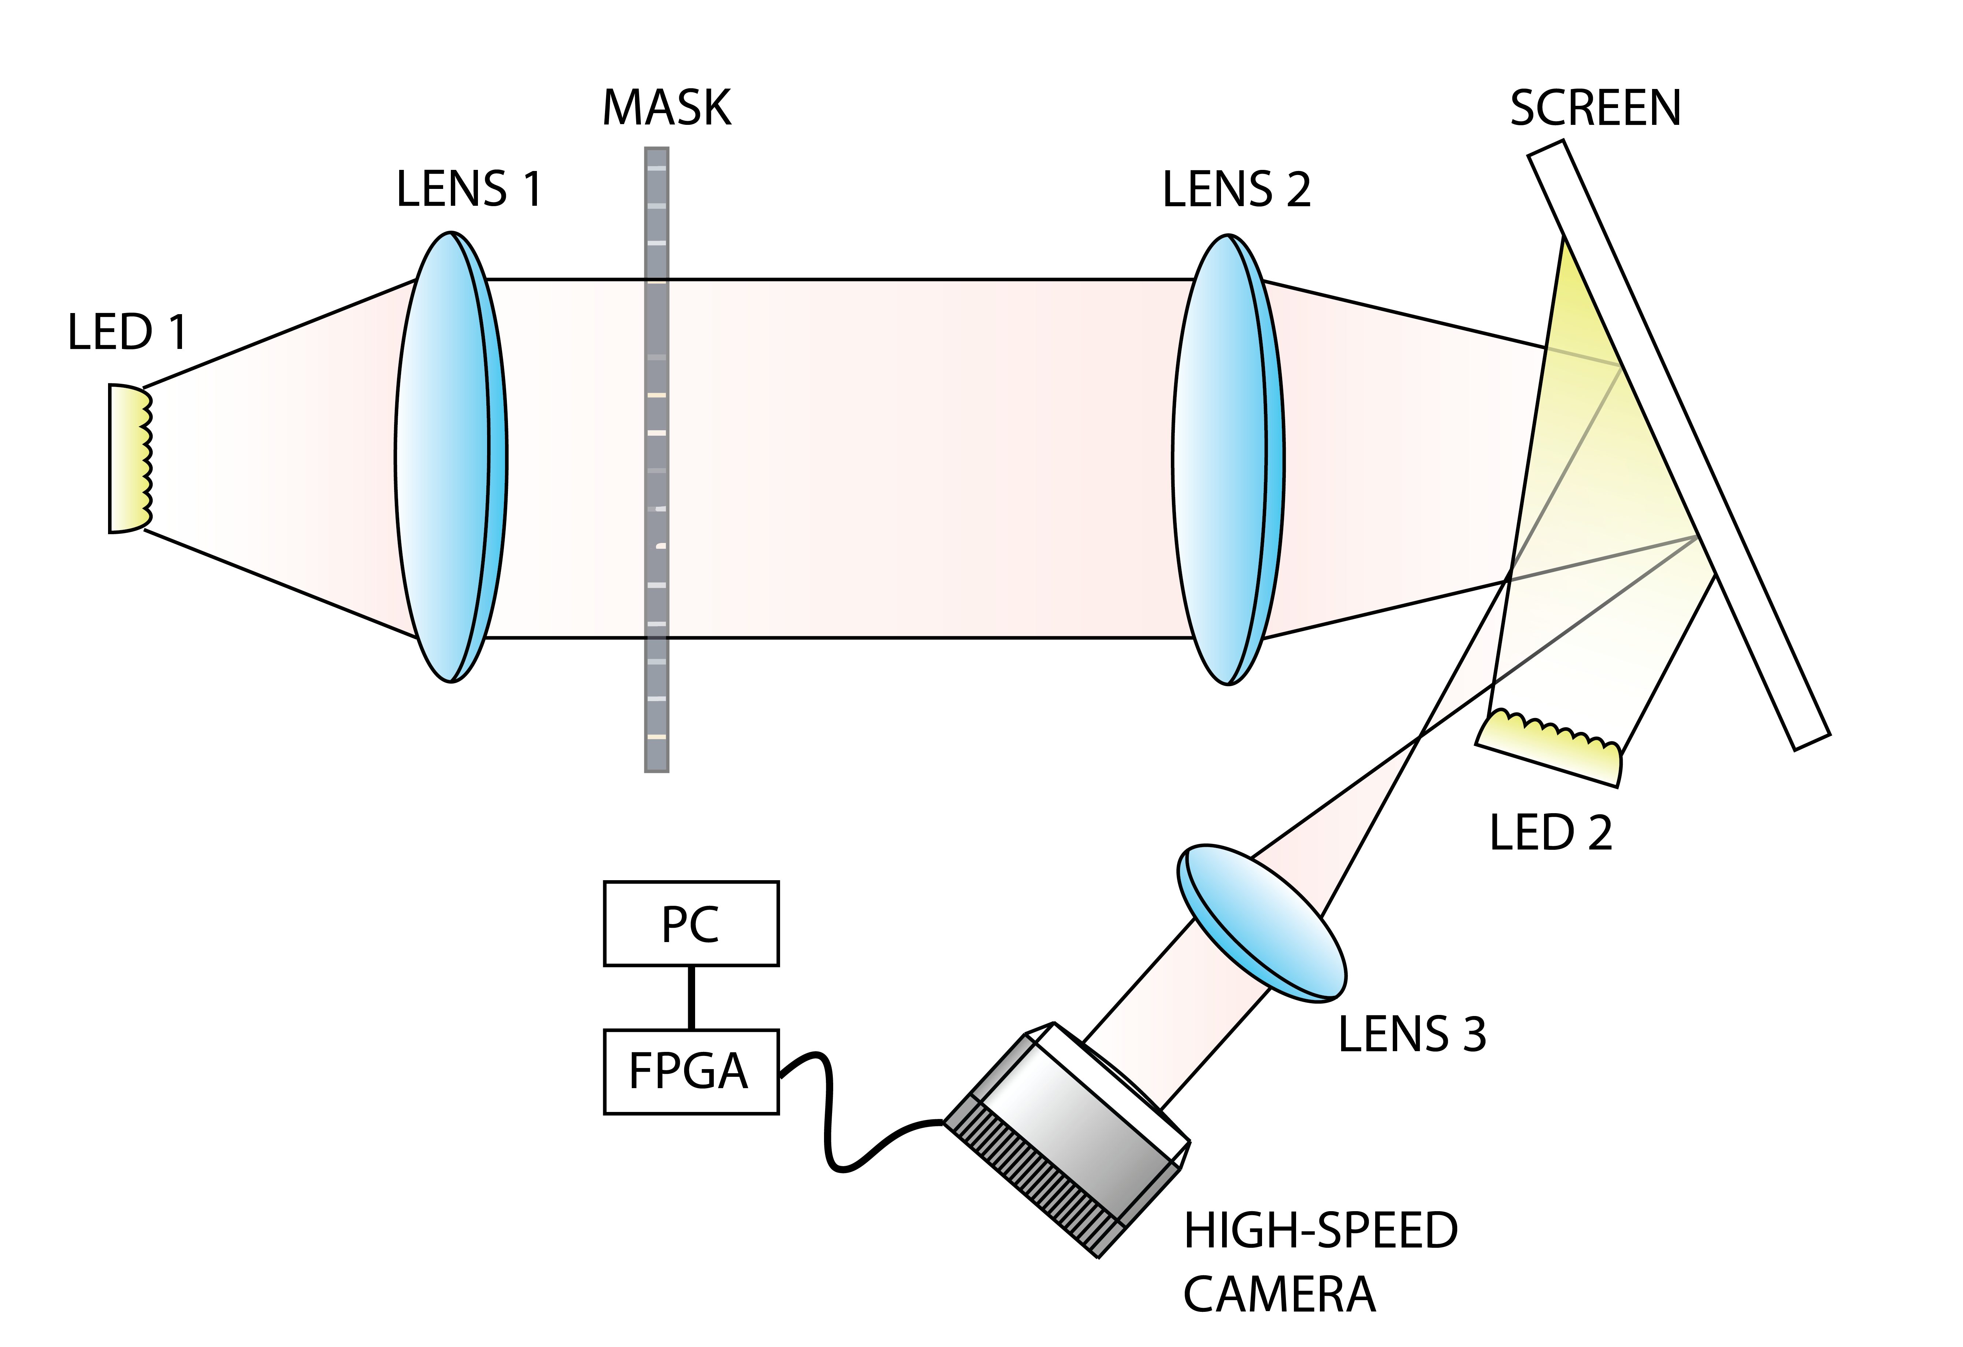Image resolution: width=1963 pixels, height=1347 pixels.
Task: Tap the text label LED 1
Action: click(x=127, y=332)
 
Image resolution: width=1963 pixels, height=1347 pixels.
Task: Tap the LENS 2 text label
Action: click(x=1236, y=189)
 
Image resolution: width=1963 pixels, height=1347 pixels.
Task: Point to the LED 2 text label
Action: click(x=1550, y=833)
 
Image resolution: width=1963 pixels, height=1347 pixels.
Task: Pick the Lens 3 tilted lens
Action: click(x=1261, y=923)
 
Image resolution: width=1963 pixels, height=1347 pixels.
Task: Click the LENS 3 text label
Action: click(x=1411, y=1035)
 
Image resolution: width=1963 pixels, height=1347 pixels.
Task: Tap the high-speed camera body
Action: click(x=1069, y=1140)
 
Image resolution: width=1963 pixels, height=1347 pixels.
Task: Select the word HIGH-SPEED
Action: click(x=1320, y=1231)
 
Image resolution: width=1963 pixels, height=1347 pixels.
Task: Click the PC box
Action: click(x=691, y=924)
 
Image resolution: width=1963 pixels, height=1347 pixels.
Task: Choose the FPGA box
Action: click(x=691, y=1072)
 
